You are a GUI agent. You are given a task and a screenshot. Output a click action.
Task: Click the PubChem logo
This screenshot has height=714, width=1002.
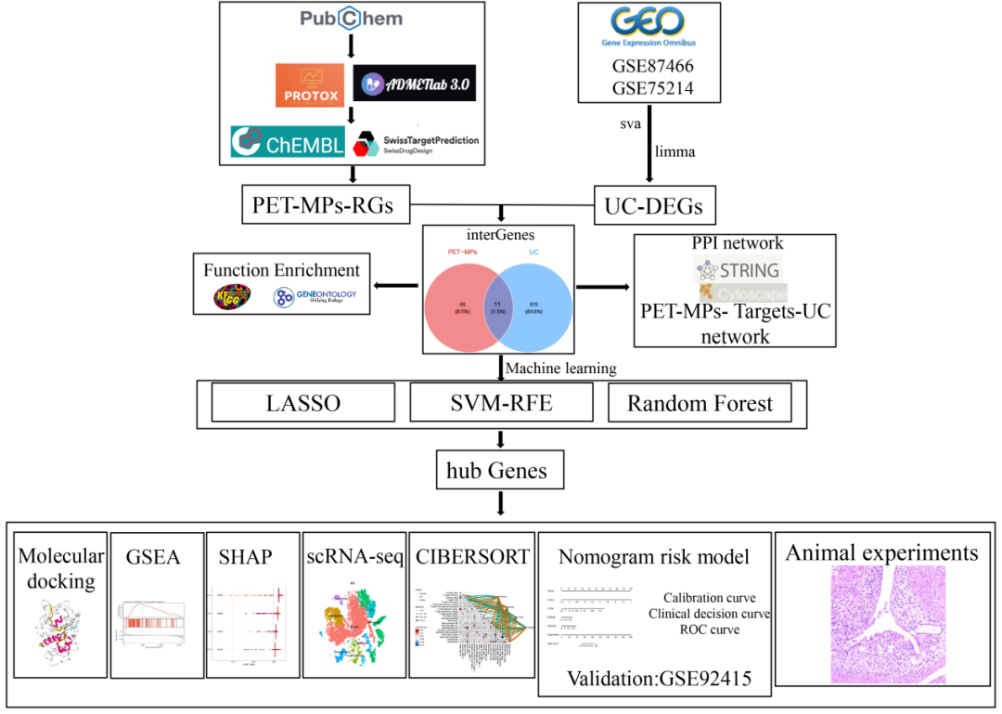tap(351, 19)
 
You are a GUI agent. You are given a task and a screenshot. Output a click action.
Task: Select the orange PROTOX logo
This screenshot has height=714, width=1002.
tap(309, 84)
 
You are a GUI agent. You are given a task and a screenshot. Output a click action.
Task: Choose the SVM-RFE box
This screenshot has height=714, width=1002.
tap(502, 404)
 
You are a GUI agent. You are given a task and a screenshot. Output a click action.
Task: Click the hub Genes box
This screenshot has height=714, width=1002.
tap(501, 471)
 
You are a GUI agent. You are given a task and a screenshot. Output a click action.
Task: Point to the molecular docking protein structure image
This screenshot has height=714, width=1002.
tap(58, 643)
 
